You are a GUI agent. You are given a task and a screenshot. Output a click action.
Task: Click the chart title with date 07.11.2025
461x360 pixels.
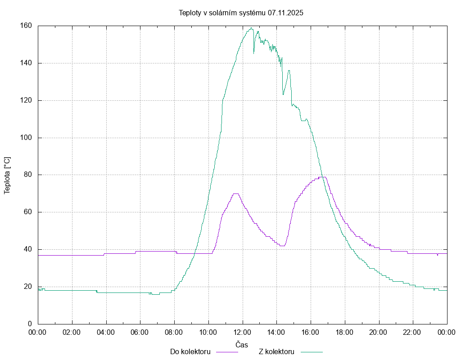point(241,13)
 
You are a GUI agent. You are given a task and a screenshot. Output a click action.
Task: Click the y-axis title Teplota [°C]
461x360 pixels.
point(7,175)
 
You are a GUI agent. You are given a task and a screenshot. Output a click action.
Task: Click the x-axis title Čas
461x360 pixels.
point(242,345)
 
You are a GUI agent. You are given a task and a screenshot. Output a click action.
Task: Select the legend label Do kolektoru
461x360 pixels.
point(190,351)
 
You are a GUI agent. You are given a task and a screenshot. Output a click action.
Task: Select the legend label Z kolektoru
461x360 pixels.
point(276,351)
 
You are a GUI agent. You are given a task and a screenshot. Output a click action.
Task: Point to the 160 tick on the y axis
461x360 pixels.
point(26,26)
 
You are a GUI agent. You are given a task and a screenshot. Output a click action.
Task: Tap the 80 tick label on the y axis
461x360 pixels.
point(27,175)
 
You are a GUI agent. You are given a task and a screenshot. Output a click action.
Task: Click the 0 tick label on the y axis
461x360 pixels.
point(30,324)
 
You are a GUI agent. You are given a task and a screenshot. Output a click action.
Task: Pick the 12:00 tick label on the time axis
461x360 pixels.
point(243,333)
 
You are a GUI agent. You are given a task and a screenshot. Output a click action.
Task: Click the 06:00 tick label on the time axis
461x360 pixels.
point(140,333)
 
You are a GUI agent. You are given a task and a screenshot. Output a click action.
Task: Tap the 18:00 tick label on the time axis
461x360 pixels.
point(345,333)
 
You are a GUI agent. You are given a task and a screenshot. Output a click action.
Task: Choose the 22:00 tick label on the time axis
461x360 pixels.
point(413,333)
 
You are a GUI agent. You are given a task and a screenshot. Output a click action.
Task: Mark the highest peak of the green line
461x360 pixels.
point(251,28)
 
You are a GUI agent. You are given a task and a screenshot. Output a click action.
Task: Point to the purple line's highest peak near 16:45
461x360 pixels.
point(323,177)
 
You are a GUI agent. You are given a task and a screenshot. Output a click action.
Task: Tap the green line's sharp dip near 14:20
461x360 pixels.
point(283,94)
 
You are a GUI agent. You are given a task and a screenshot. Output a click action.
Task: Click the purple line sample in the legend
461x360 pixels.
point(227,352)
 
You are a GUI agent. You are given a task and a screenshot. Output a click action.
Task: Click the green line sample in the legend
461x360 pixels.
point(312,352)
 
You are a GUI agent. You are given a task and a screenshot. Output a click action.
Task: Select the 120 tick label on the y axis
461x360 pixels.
point(26,100)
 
